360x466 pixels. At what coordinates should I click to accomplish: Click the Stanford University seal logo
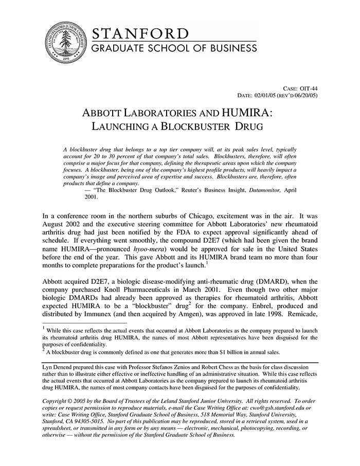click(x=64, y=44)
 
